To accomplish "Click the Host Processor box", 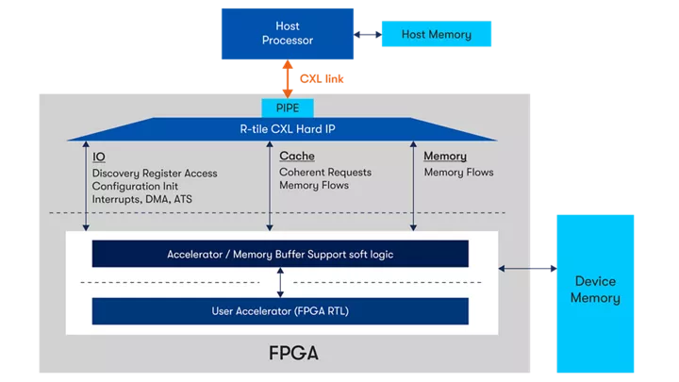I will [286, 33].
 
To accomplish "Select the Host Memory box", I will [436, 35].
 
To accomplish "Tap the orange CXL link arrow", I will [286, 78].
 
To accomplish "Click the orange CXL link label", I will [322, 79].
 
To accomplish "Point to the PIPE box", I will [287, 108].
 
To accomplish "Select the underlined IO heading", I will [99, 157].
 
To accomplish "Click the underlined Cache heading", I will [297, 156].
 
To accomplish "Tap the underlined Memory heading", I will [445, 156].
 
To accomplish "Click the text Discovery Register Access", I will [155, 173].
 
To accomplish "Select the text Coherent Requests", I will [325, 172].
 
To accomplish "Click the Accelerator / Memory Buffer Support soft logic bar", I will [280, 254].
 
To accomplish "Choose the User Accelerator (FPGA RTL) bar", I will [280, 311].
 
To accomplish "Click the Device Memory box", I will [595, 291].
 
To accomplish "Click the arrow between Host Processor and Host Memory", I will [368, 35].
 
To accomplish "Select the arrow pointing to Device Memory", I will [527, 269].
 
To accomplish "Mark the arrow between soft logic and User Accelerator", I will [280, 282].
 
